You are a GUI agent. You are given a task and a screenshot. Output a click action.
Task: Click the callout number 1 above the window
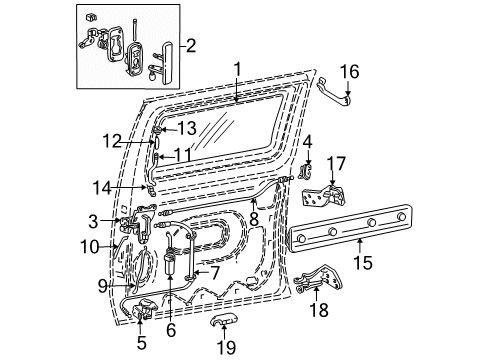(237, 69)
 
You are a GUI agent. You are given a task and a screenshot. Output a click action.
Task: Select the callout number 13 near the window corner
(186, 129)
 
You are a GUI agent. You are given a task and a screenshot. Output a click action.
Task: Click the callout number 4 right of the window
(308, 142)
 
